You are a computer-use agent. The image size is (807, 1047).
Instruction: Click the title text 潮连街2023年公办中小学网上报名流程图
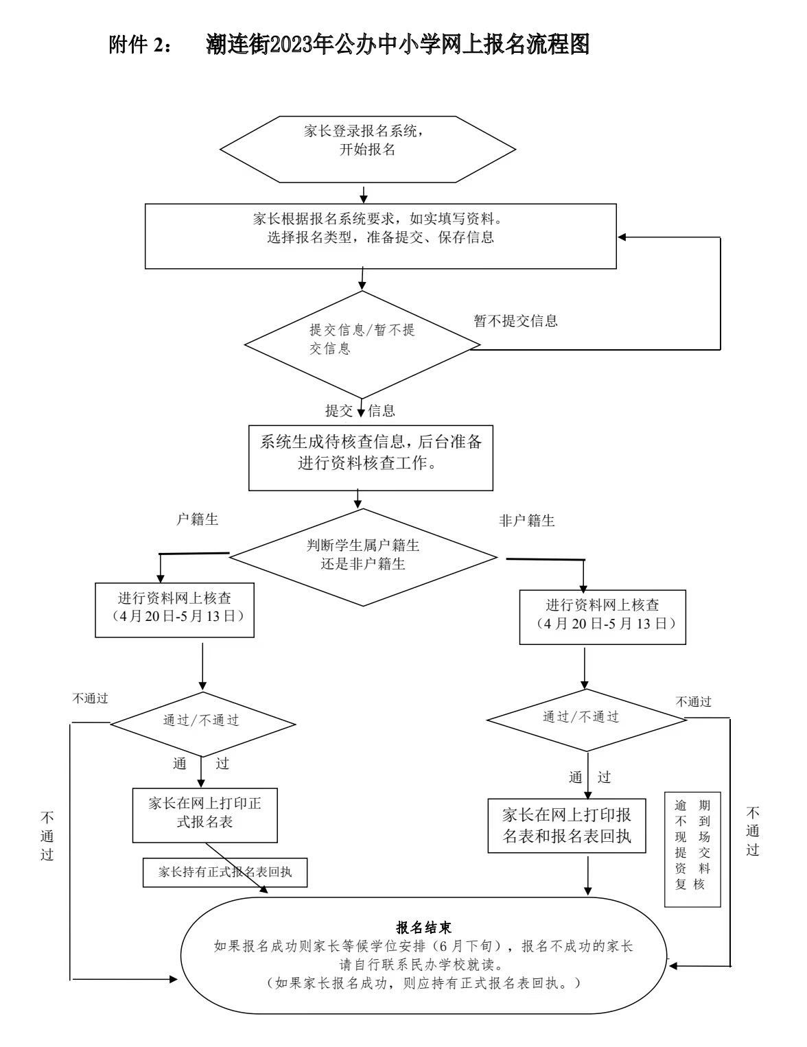click(x=397, y=46)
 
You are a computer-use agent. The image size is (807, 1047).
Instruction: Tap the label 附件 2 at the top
click(x=137, y=46)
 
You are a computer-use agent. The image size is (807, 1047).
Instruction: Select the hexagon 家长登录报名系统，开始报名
click(x=367, y=149)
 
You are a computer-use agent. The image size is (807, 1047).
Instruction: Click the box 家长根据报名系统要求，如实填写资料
click(x=380, y=235)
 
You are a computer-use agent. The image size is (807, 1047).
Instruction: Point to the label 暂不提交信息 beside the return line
click(x=515, y=320)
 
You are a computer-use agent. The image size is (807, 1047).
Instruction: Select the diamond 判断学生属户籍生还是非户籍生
click(x=363, y=556)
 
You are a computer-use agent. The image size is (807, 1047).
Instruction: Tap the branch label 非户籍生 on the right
click(x=526, y=521)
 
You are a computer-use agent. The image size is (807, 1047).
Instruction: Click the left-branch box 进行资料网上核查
click(x=174, y=611)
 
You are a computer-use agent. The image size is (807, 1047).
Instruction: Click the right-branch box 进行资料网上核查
click(x=602, y=616)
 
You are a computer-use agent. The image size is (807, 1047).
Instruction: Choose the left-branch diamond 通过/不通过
click(x=202, y=724)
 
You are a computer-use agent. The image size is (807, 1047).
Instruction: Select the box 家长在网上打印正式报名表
click(x=204, y=814)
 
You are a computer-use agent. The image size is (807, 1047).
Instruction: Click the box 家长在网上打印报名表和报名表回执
click(x=567, y=825)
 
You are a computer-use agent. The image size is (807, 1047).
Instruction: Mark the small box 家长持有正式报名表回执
click(x=225, y=872)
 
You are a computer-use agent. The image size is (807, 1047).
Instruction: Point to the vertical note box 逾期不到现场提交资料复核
click(x=692, y=849)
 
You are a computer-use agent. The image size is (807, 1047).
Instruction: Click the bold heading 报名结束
click(x=423, y=928)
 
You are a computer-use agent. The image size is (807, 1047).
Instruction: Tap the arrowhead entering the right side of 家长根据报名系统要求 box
click(x=622, y=237)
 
